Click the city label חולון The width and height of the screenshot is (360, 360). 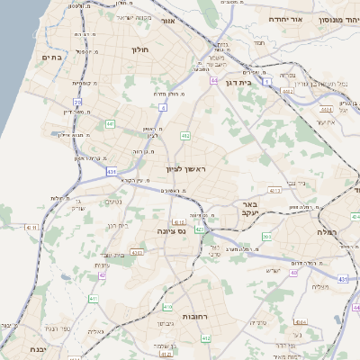139,50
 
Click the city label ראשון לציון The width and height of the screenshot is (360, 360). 186,168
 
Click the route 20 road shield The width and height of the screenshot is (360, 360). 78,103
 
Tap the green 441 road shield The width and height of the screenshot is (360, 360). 110,123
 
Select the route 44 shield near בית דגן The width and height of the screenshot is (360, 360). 214,81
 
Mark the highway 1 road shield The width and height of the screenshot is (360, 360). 267,82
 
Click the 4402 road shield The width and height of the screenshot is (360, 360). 286,92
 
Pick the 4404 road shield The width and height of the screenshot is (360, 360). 323,107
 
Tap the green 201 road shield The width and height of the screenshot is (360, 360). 266,236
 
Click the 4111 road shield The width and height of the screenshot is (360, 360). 31,229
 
